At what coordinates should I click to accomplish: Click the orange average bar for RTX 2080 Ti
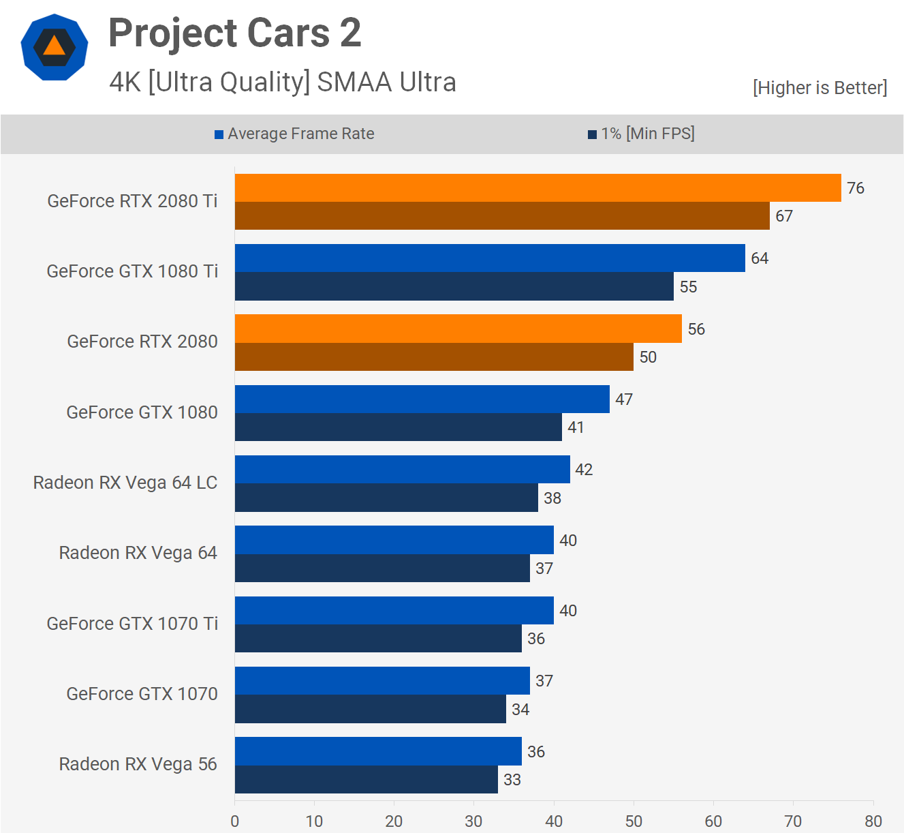coord(538,188)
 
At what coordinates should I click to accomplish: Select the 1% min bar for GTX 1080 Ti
coord(454,286)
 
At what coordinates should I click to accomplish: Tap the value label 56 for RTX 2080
coord(696,329)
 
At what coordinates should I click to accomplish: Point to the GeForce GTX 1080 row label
coord(142,412)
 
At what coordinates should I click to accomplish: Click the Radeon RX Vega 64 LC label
coord(125,483)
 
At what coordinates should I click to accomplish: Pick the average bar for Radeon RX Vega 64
coord(394,540)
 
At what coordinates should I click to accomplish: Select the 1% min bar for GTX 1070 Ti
coord(378,639)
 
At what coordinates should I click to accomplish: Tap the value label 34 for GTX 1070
coord(520,710)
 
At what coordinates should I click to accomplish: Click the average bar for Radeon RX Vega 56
coord(378,751)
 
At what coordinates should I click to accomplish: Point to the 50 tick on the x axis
coord(634,821)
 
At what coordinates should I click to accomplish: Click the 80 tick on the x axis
coord(873,821)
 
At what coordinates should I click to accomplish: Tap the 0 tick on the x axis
coord(235,821)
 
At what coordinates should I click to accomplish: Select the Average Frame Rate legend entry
coord(294,134)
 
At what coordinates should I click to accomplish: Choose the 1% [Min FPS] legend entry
coord(641,134)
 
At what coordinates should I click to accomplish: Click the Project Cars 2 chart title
coord(235,33)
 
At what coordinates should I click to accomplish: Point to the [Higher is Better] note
coord(820,88)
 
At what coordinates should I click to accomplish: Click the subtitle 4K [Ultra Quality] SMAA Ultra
coord(283,82)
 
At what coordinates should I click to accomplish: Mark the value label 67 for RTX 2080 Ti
coord(784,216)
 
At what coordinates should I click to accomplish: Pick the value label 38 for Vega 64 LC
coord(552,498)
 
